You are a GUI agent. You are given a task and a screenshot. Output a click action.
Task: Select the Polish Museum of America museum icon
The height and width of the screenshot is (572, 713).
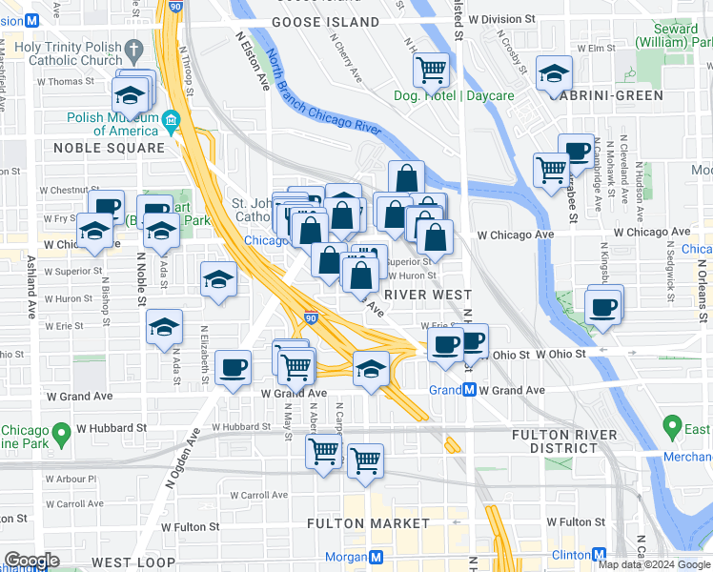coord(172,119)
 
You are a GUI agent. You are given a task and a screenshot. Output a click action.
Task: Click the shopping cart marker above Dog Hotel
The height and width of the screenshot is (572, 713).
coord(431,68)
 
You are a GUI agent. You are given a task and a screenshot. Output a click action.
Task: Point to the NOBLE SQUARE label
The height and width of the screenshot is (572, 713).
coord(109,148)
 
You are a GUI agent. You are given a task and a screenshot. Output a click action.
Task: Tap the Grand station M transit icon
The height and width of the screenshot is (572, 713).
coord(469,390)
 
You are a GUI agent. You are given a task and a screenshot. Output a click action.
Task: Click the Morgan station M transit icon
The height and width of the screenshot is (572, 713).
coord(377,557)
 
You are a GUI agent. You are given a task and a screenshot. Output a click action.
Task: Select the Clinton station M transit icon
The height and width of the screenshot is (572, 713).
coord(600,555)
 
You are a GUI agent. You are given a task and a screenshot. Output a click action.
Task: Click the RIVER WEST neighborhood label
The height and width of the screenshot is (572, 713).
coord(426,295)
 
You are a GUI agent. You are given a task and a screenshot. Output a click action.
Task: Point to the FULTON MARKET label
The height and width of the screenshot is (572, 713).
coord(368,523)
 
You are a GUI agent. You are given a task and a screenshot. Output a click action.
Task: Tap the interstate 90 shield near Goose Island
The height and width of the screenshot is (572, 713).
coord(174,6)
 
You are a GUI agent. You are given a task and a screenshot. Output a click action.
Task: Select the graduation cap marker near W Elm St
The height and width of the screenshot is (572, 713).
coord(554,72)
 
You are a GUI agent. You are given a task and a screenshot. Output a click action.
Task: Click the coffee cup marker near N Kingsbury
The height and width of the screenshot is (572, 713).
coord(603,307)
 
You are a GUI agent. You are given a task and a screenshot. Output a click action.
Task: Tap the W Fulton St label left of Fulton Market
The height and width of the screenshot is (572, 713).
coord(190,526)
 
